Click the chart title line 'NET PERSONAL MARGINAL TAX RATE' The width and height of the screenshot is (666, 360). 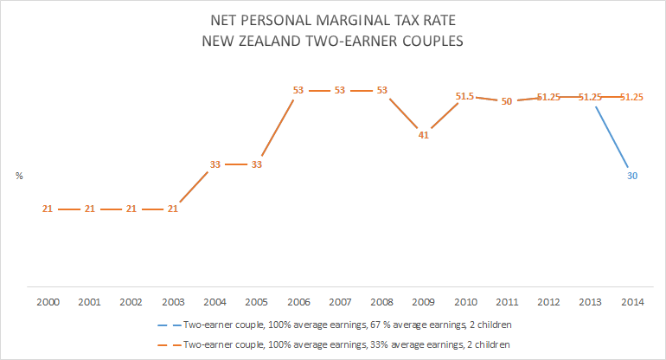pyautogui.click(x=333, y=18)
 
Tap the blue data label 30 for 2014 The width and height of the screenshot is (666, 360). pyautogui.click(x=633, y=175)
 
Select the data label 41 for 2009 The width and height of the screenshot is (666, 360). pyautogui.click(x=424, y=134)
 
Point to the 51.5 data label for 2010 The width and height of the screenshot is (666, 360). pyautogui.click(x=465, y=96)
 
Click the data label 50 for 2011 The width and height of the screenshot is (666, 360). pyautogui.click(x=508, y=101)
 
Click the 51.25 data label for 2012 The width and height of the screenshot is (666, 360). pyautogui.click(x=549, y=97)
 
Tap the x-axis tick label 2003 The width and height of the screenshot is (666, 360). pyautogui.click(x=172, y=303)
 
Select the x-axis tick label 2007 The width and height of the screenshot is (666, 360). pyautogui.click(x=340, y=303)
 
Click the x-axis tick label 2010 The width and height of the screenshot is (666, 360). pyautogui.click(x=465, y=303)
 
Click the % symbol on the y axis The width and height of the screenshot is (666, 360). pyautogui.click(x=19, y=176)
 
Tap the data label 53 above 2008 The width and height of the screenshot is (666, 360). pyautogui.click(x=381, y=90)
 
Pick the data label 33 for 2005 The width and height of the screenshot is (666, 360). pyautogui.click(x=256, y=164)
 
